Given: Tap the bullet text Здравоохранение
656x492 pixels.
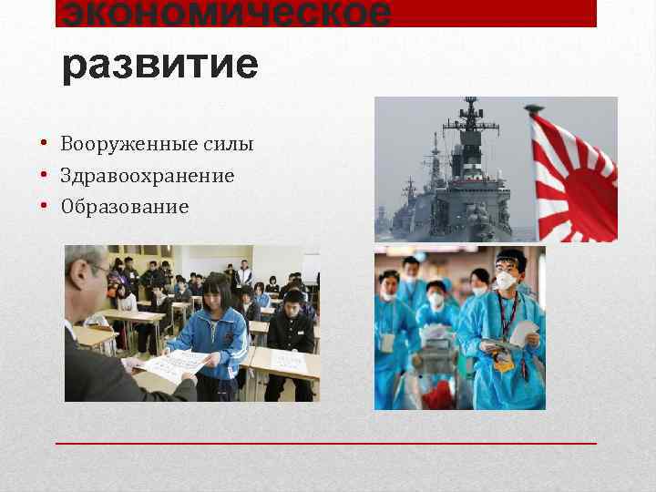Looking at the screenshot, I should (x=148, y=175).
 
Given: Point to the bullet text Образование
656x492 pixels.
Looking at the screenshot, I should (x=125, y=207).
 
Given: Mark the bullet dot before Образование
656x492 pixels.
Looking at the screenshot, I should (x=44, y=206).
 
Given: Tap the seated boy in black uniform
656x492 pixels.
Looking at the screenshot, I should (x=290, y=333).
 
